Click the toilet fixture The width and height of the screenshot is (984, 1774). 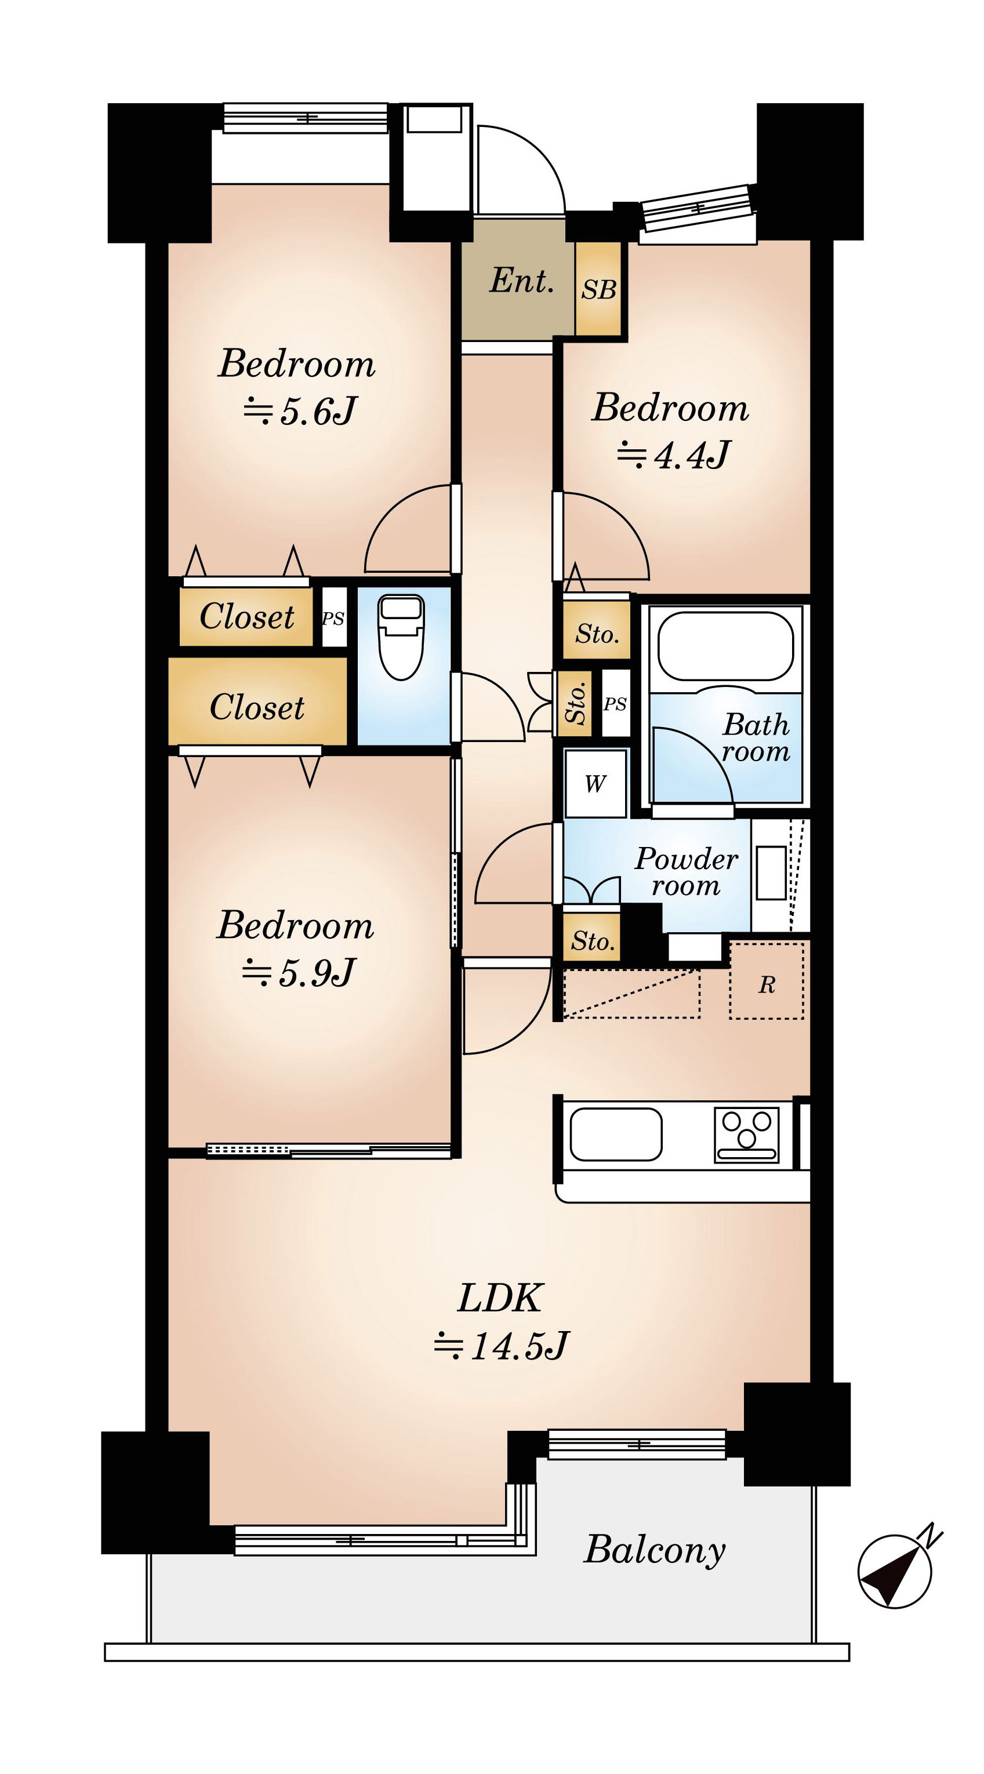point(401,637)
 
